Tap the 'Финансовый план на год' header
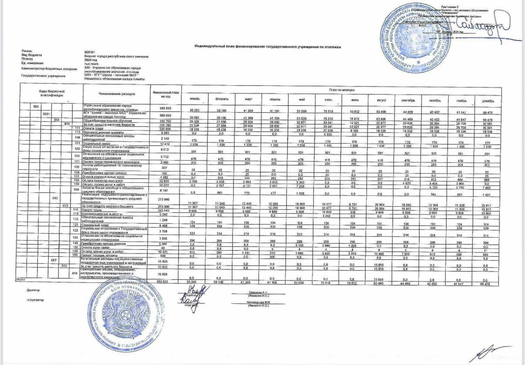point(164,94)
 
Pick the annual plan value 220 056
point(164,129)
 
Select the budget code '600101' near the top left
point(91,52)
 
